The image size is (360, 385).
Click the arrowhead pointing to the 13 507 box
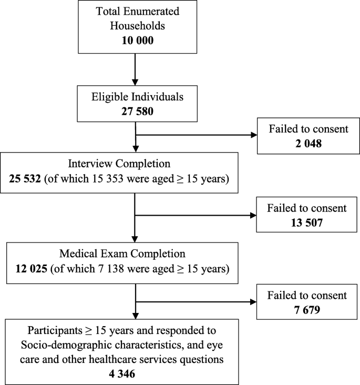[x=252, y=215]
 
